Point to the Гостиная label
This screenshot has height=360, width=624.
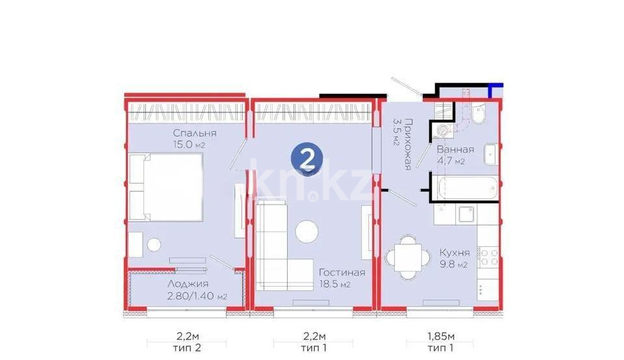pos(341,273)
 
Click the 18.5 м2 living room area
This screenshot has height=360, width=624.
pos(335,285)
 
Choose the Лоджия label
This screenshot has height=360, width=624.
pos(187,285)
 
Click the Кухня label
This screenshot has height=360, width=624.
pos(454,253)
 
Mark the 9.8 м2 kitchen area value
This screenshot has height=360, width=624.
pos(453,265)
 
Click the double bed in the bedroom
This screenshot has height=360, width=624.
pos(166,188)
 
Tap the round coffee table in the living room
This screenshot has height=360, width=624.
pos(307,232)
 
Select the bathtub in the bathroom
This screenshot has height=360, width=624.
pos(468,189)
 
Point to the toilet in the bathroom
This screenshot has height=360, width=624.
pos(479,114)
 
